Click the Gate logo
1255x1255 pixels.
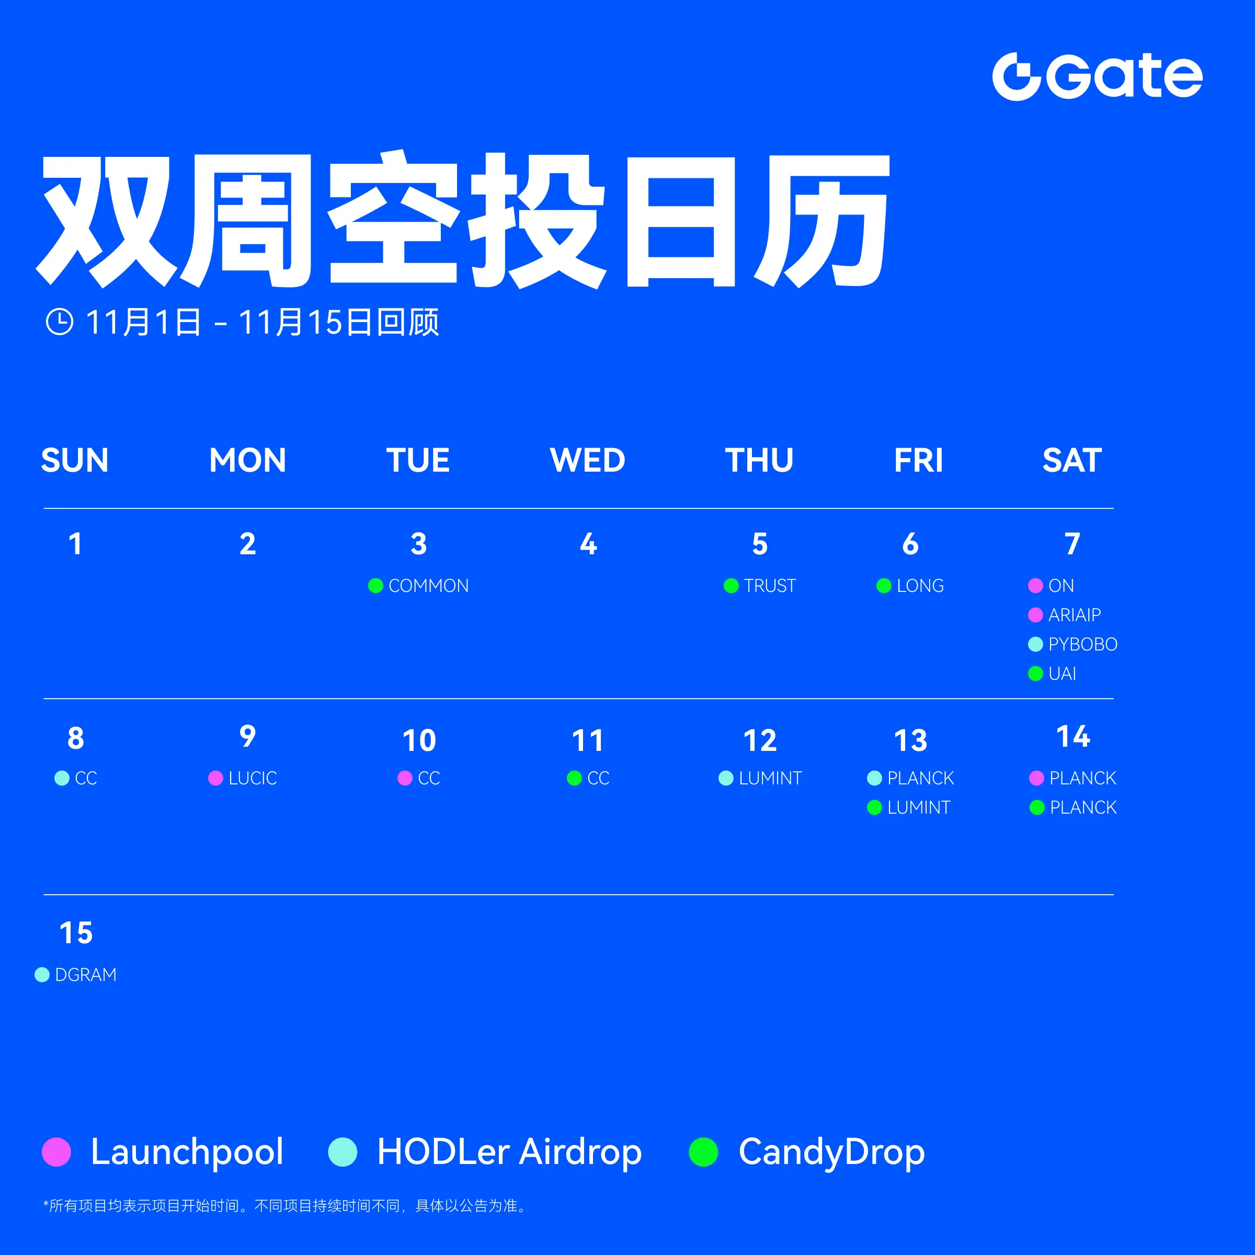point(1097,77)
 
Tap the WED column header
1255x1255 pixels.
point(587,460)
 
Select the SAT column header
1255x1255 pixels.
point(1072,460)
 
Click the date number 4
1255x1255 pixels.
point(588,544)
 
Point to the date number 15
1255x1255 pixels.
point(76,933)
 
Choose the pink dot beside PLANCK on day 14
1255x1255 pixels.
point(1037,778)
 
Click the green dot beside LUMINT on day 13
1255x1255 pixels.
point(874,807)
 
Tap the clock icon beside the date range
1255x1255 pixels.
point(60,322)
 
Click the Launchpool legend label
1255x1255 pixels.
point(187,1151)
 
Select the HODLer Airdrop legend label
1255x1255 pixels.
point(509,1151)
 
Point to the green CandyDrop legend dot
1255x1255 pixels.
point(703,1151)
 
